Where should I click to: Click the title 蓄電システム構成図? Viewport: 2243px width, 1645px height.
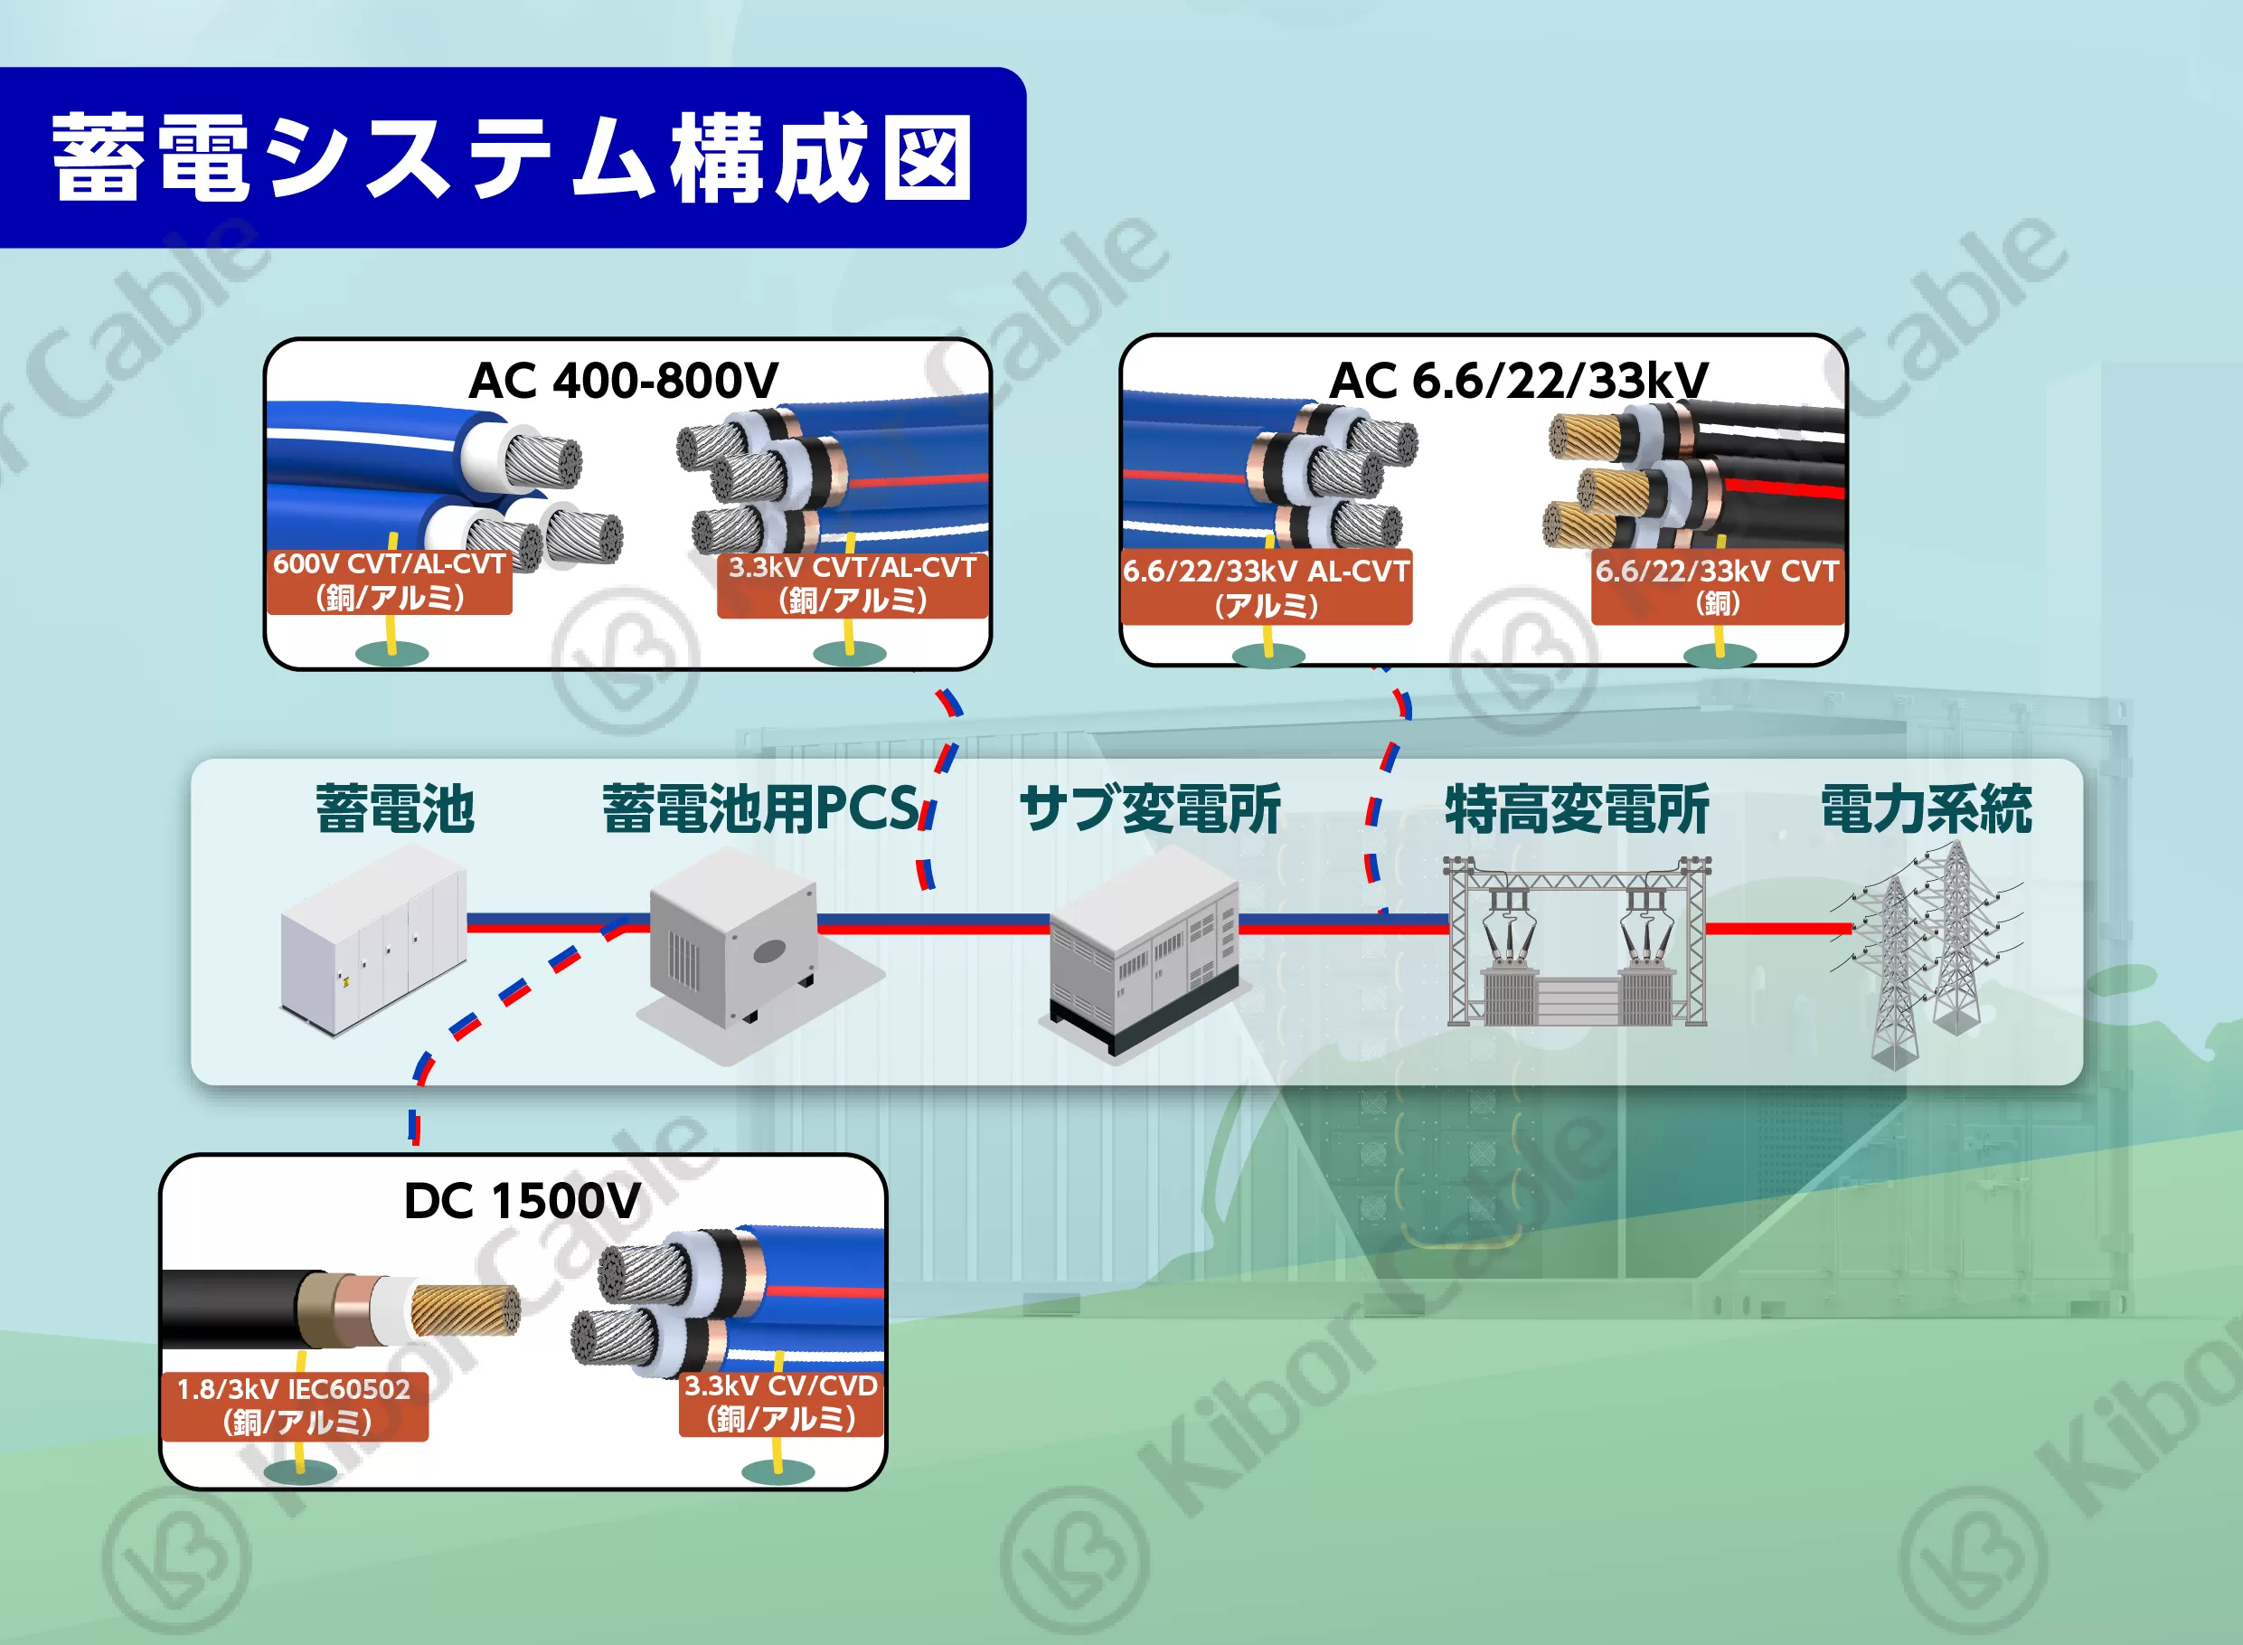coord(512,157)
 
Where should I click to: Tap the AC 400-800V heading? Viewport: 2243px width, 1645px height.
coord(623,381)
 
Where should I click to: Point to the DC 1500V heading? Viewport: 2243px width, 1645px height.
coord(522,1201)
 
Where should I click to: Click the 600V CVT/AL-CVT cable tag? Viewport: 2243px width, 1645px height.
coord(390,581)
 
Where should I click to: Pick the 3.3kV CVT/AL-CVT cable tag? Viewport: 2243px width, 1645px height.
coord(853,584)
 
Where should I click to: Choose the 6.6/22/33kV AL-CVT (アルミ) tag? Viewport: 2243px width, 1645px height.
coord(1267,588)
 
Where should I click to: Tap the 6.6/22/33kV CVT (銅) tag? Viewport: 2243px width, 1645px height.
coord(1718,587)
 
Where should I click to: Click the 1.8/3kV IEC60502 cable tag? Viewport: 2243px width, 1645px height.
coord(295,1405)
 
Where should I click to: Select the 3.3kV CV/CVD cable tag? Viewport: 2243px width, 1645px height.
coord(780,1402)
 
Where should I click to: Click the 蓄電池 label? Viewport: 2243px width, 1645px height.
coord(394,808)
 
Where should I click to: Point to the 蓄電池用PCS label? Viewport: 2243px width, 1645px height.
coord(760,808)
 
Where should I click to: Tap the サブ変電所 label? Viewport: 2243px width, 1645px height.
coord(1150,808)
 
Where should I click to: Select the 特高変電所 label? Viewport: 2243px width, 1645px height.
coord(1577,808)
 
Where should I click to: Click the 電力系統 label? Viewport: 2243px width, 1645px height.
coord(1927,808)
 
